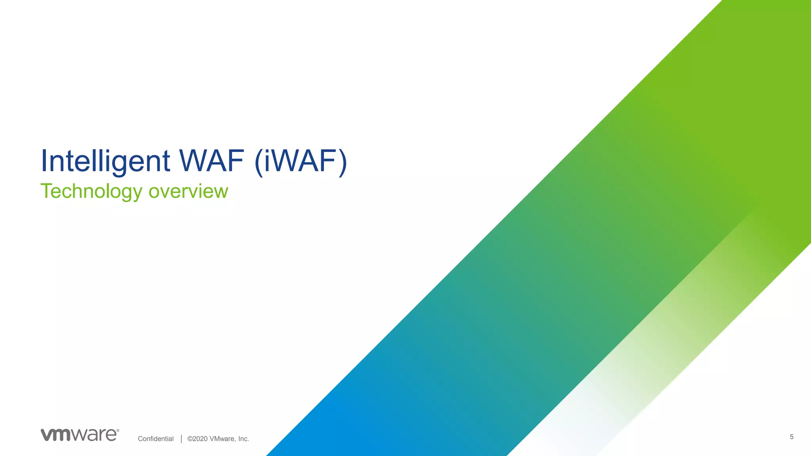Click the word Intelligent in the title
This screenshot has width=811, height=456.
pos(105,161)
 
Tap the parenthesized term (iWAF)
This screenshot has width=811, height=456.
pos(301,161)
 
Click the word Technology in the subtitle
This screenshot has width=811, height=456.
pos(91,192)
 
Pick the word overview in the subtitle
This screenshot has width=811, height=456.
pos(188,191)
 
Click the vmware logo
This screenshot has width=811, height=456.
pos(80,435)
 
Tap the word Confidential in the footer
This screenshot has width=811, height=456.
pos(156,439)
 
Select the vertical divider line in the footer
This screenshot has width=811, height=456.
pos(181,439)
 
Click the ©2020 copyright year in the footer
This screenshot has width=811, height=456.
pos(197,439)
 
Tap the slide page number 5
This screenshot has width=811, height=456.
pos(792,437)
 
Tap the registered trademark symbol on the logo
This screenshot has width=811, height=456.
pos(118,430)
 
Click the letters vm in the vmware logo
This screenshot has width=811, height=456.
pos(56,435)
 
